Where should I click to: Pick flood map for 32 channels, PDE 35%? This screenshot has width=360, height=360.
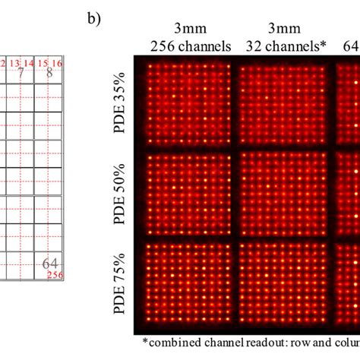[x=282, y=106]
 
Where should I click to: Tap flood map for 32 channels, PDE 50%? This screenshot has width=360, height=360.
[x=282, y=195]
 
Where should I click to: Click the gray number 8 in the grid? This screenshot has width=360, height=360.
[x=49, y=73]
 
